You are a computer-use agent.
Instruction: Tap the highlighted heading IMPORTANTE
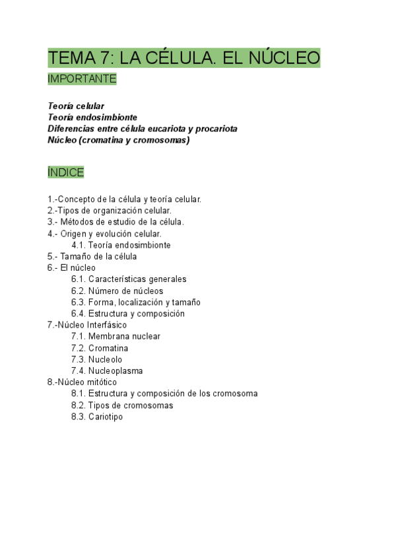tap(82, 79)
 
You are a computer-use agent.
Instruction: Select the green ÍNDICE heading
tap(66, 172)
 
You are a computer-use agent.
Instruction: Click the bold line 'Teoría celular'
tap(76, 106)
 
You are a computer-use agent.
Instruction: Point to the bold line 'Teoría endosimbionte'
tap(92, 117)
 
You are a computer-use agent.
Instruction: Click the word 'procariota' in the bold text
tap(215, 128)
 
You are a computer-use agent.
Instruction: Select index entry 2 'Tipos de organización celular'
tap(110, 211)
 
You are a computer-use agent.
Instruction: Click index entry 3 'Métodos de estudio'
tap(115, 222)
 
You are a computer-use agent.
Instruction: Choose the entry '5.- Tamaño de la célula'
tap(92, 256)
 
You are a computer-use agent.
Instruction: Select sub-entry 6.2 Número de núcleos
tap(117, 291)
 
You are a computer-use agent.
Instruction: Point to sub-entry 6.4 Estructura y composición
tap(128, 314)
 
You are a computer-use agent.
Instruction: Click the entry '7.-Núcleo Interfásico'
tap(87, 325)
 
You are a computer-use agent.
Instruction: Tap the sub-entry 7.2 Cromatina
tap(100, 348)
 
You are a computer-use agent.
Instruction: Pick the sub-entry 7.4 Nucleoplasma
tap(107, 371)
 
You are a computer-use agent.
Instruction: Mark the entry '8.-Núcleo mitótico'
tap(82, 382)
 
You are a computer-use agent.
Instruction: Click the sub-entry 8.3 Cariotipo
tap(97, 417)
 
